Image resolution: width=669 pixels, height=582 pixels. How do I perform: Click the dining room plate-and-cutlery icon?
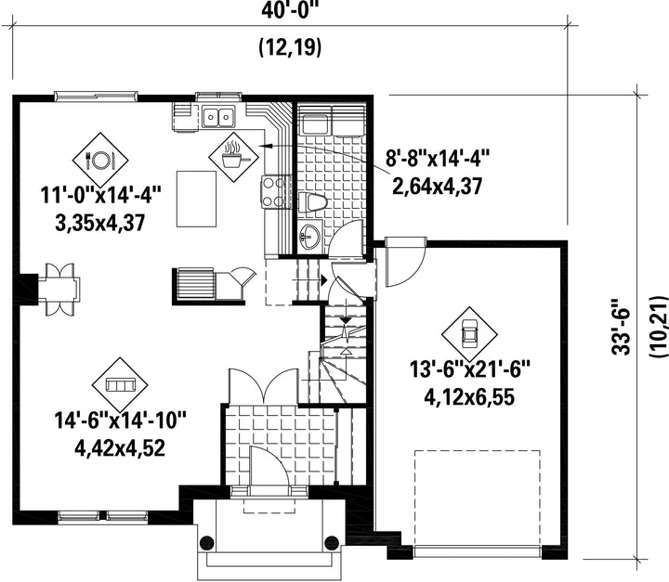click(x=100, y=160)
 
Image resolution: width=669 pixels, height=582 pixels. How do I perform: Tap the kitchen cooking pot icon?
click(x=233, y=157)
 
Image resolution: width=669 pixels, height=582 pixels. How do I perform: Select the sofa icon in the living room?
click(x=120, y=385)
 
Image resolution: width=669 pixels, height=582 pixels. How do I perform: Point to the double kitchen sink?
click(x=219, y=116)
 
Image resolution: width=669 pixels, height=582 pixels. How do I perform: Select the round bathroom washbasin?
click(x=308, y=236)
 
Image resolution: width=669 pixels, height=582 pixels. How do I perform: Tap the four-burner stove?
click(x=274, y=192)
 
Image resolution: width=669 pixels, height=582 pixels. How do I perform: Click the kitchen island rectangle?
click(x=197, y=200)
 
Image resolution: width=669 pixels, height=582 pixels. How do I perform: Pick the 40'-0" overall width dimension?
click(x=290, y=10)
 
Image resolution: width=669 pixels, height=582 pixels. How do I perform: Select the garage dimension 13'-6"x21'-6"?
click(x=470, y=369)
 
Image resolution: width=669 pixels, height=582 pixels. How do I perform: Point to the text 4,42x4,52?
click(x=120, y=447)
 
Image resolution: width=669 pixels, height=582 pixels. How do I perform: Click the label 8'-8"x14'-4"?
click(x=438, y=159)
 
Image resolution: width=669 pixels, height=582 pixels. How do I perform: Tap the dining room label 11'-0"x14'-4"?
click(x=100, y=196)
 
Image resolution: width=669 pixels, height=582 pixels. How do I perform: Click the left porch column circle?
click(x=207, y=542)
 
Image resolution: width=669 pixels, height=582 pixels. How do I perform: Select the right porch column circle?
click(x=332, y=542)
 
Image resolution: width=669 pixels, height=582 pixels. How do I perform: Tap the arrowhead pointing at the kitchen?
click(x=266, y=146)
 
